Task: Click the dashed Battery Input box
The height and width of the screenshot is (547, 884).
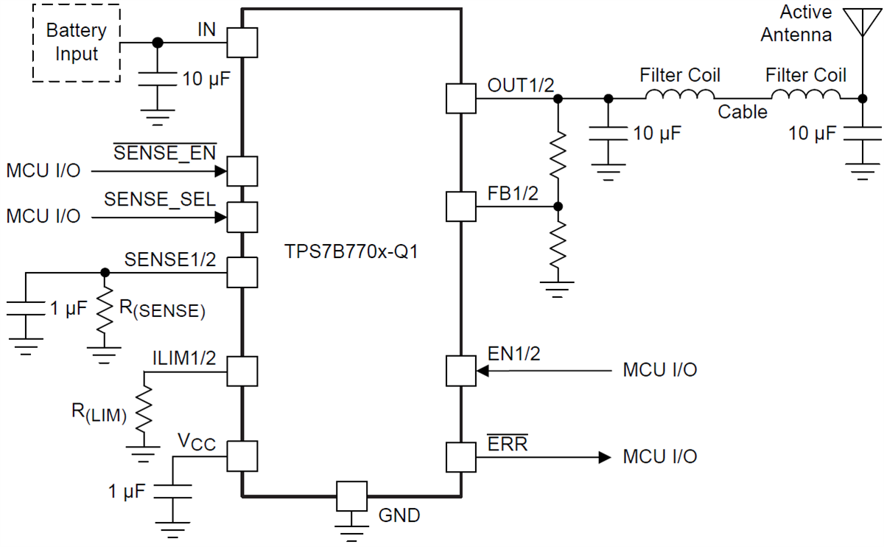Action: (76, 43)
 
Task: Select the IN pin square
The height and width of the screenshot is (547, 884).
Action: (242, 43)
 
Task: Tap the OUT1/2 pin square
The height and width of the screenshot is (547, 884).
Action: (461, 98)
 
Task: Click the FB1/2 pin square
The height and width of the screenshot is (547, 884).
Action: (461, 206)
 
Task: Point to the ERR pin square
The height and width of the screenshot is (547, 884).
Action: (461, 457)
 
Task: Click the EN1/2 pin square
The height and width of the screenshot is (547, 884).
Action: (461, 371)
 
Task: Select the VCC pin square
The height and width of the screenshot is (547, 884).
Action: (242, 456)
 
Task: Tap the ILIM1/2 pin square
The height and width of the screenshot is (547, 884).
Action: (242, 371)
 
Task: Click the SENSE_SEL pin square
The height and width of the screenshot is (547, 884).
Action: (242, 217)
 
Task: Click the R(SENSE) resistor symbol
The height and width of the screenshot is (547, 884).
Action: (105, 309)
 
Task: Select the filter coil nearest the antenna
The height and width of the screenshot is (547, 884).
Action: (805, 96)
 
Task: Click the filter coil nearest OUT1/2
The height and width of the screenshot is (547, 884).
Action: (679, 96)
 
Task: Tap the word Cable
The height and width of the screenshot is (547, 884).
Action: (742, 112)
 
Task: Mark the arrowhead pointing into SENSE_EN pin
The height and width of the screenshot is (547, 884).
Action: (220, 172)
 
